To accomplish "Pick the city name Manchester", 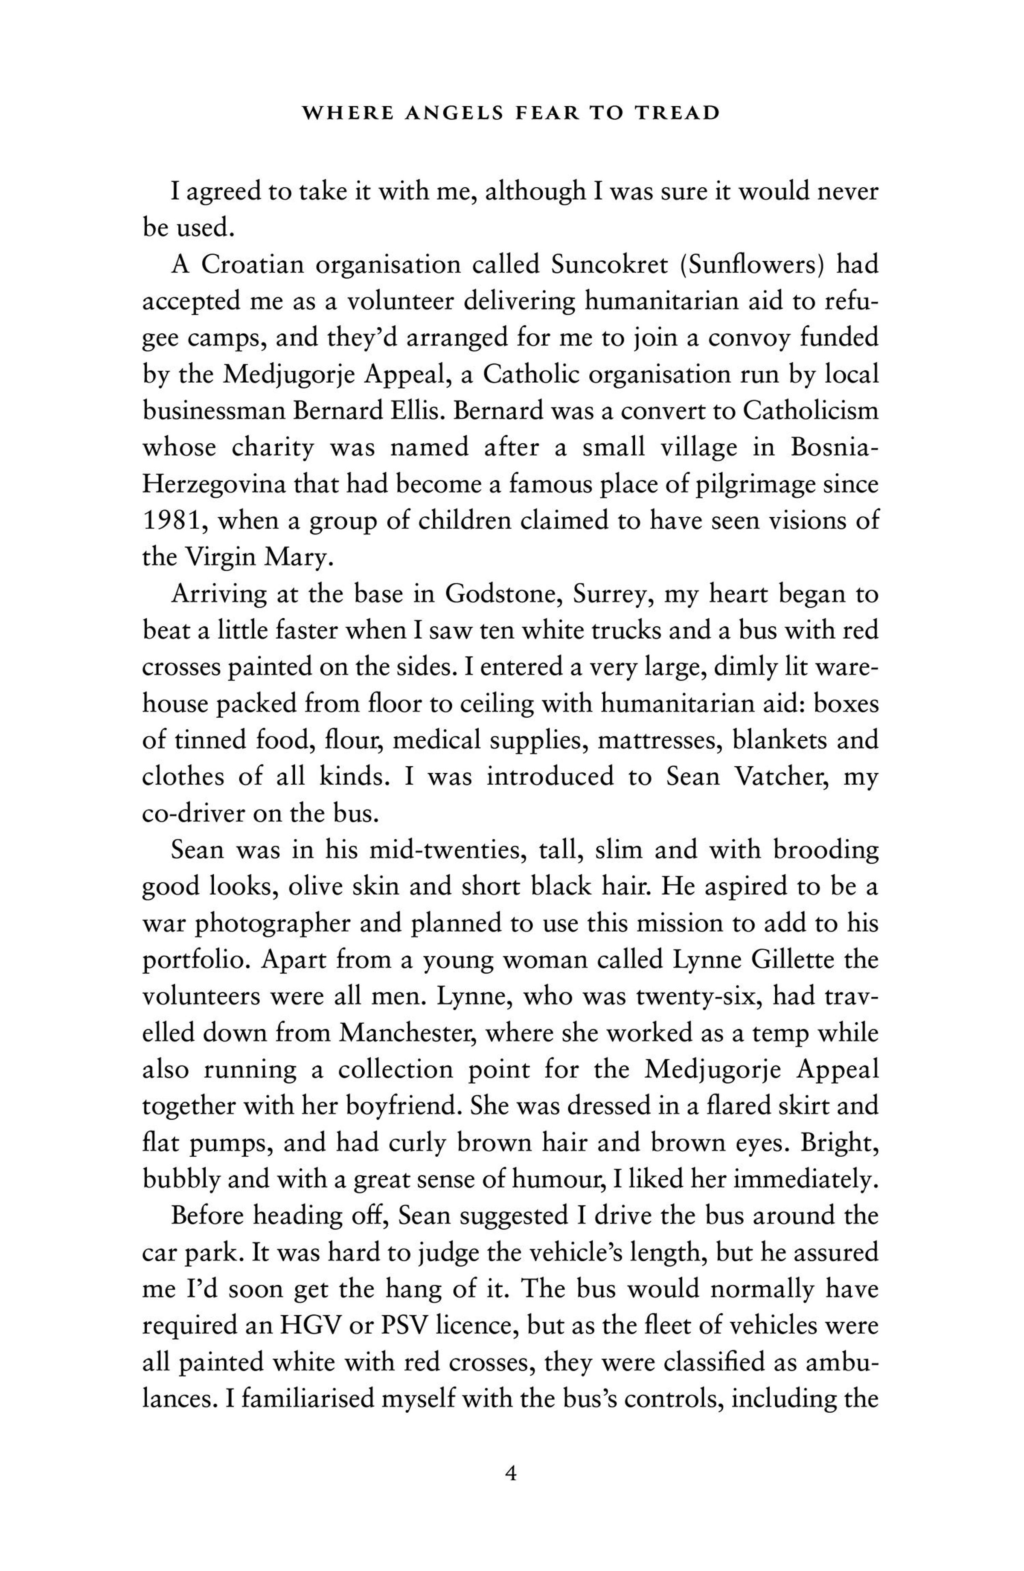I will click(x=407, y=1033).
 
